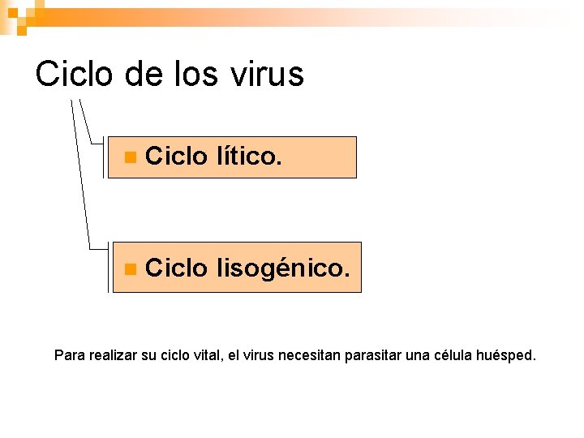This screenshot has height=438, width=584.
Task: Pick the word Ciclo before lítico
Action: pyautogui.click(x=176, y=157)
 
